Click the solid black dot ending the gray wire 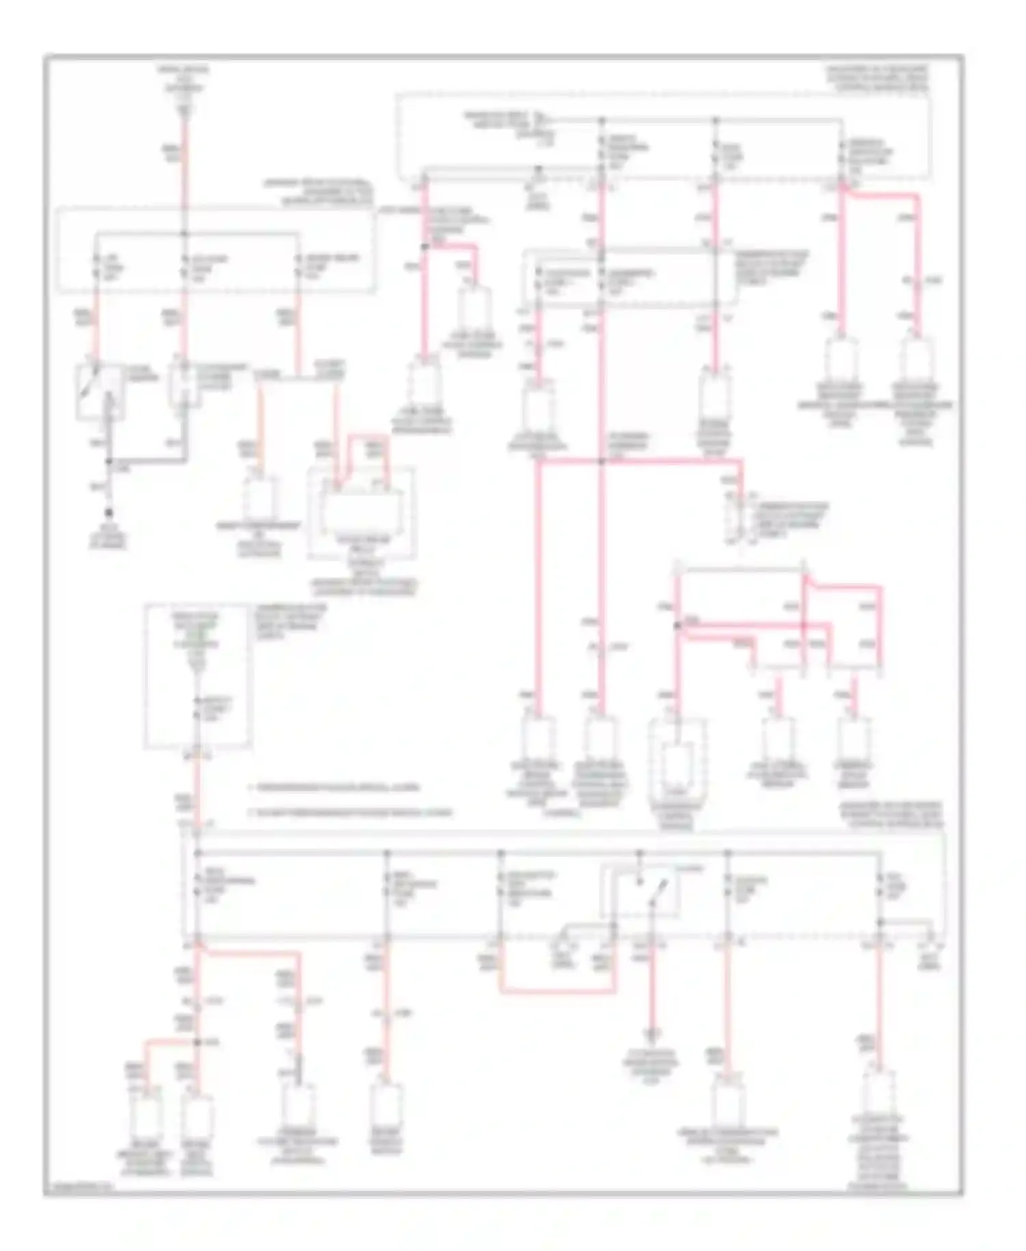(x=108, y=513)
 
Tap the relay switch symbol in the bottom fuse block (x=640, y=891)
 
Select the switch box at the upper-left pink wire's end (x=100, y=391)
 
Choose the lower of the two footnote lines (x=349, y=813)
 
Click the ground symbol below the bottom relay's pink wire (x=652, y=1035)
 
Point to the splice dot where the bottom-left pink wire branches (x=198, y=1042)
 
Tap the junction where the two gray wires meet (x=108, y=461)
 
